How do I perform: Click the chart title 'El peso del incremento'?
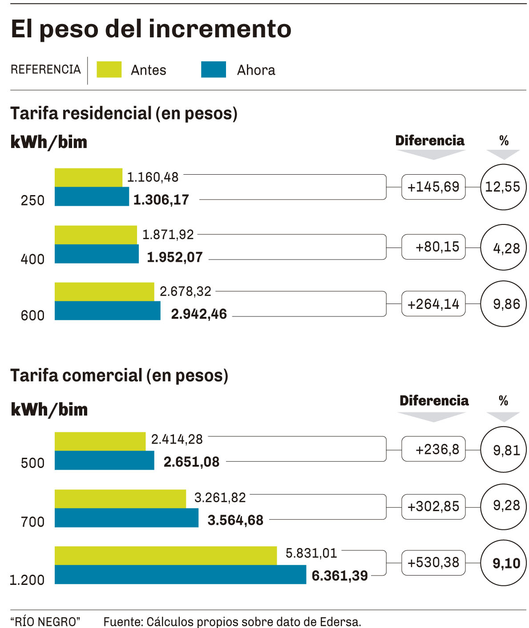151,29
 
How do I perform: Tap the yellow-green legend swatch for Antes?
109,70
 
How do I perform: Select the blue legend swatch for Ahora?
213,70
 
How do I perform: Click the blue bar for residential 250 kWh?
92,196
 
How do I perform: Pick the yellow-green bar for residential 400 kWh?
96,235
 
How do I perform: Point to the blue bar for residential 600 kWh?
107,311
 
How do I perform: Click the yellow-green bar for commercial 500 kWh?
100,441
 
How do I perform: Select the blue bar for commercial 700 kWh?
126,518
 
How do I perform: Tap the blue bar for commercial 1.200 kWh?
180,575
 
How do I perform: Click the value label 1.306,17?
161,200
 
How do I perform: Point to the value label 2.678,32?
186,292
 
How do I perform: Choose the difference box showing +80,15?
433,247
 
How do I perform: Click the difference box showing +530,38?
433,563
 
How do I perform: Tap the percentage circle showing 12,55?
503,187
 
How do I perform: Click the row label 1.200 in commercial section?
27,580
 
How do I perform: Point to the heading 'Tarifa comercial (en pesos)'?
119,376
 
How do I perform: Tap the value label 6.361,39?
339,576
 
